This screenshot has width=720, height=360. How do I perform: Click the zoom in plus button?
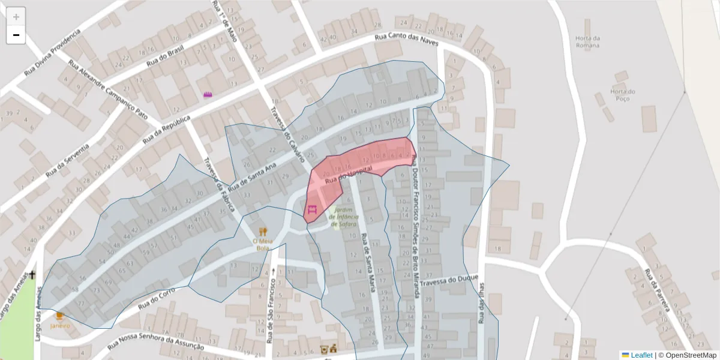point(16,17)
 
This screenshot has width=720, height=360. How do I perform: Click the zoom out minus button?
point(16,35)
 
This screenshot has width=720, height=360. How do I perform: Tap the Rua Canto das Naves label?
point(406,40)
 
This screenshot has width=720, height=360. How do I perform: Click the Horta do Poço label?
point(622,95)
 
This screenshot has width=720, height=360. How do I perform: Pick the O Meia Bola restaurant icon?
point(263,231)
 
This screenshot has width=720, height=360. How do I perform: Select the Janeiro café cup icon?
point(59,316)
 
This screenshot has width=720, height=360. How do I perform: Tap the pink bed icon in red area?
point(312,209)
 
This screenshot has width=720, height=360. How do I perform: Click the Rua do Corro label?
point(156,298)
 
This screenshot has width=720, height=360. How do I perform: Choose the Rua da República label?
point(166,130)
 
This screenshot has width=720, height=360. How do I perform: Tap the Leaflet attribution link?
point(641,355)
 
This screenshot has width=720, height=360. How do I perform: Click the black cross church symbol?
point(32,275)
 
